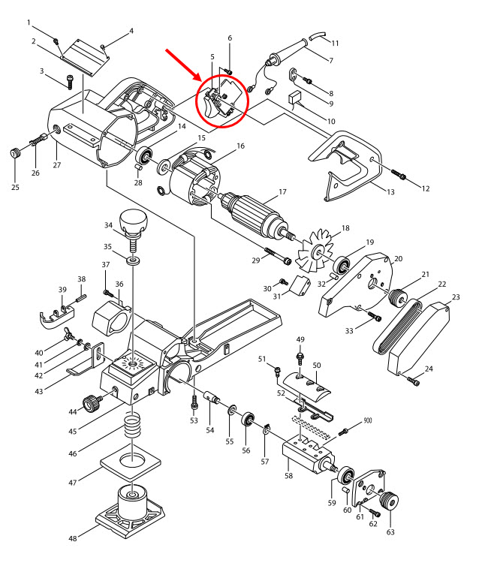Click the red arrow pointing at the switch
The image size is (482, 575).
(x=182, y=63)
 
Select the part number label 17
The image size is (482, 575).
(x=282, y=192)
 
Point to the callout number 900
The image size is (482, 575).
(x=368, y=421)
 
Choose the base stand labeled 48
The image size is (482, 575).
(x=132, y=510)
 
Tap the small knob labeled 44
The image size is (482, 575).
(x=92, y=405)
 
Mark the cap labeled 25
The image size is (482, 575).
(x=13, y=154)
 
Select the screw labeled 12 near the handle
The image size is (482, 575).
(x=398, y=176)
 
